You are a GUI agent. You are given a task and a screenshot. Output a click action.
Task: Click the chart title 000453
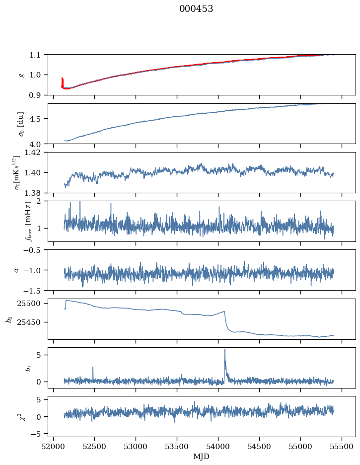(196, 9)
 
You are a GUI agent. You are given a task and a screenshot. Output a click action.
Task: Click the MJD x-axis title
(201, 457)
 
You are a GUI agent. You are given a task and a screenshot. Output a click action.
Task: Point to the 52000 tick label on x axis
(54, 447)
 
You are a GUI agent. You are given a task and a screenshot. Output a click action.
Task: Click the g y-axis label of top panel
(21, 75)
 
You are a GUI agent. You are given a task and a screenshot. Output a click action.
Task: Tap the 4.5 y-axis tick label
(38, 119)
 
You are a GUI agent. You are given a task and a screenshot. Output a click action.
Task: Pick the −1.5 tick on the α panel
(35, 290)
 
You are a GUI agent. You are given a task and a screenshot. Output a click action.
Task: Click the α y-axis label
(16, 270)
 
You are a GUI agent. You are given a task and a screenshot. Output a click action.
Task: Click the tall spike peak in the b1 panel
(224, 349)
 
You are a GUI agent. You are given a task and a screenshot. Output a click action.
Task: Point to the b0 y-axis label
(8, 318)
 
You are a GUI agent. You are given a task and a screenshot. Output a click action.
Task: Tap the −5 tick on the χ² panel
(39, 434)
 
